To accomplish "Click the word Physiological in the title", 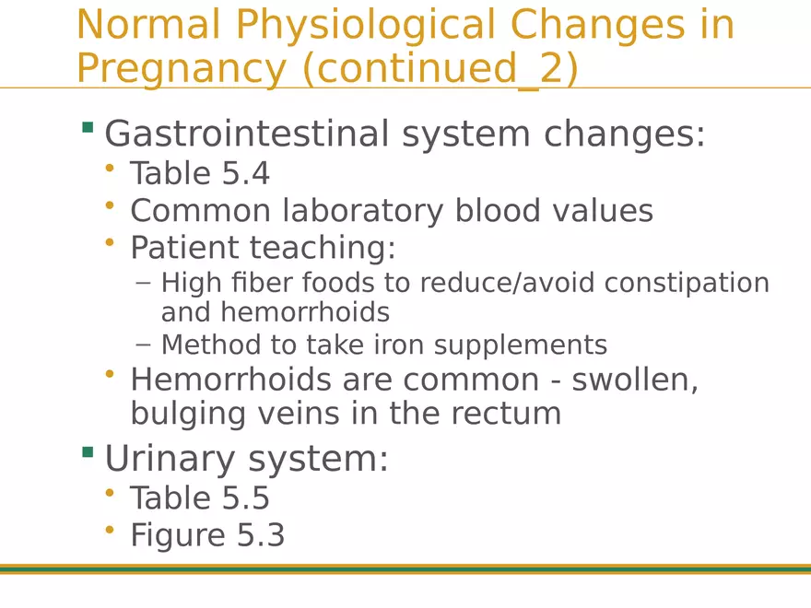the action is [366, 26].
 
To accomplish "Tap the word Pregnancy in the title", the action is [182, 69].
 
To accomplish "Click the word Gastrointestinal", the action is [247, 134].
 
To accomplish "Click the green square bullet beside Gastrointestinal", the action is [88, 127].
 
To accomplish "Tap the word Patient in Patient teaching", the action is [183, 247].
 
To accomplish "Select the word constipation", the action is [687, 284].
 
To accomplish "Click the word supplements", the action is [521, 345].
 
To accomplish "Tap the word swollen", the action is [635, 380].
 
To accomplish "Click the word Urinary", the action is [170, 460].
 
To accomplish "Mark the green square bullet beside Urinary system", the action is [88, 452].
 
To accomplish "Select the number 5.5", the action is [246, 497].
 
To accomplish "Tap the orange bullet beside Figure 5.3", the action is [109, 530].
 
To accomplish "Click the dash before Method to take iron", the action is [143, 345].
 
